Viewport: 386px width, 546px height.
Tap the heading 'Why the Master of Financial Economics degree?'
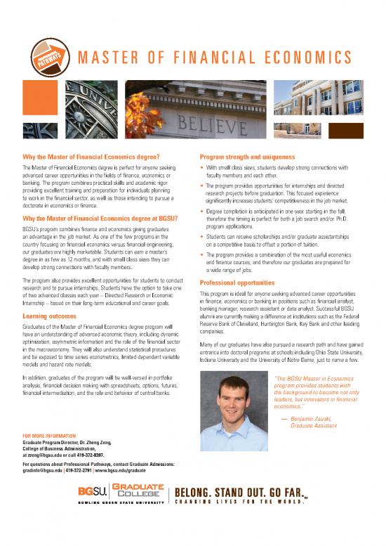coord(93,156)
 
